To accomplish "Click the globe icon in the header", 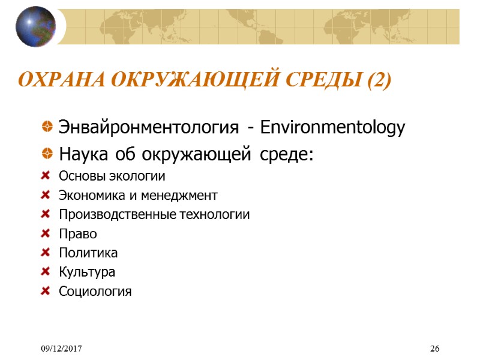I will [35, 26].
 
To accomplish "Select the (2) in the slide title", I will [377, 80].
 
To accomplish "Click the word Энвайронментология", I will [153, 128].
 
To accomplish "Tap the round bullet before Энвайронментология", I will [47, 128].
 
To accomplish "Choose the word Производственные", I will [116, 215].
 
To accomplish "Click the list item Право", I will [78, 234].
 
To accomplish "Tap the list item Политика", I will [88, 253].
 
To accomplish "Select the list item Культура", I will [87, 272].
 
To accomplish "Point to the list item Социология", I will [95, 292].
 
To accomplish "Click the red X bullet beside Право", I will [46, 234].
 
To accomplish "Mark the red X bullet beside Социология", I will [46, 292].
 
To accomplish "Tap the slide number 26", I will [435, 349].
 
